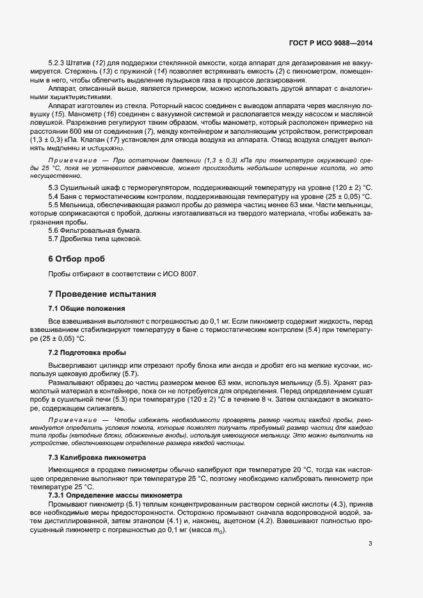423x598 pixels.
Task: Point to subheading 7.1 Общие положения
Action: pyautogui.click(x=82, y=308)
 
